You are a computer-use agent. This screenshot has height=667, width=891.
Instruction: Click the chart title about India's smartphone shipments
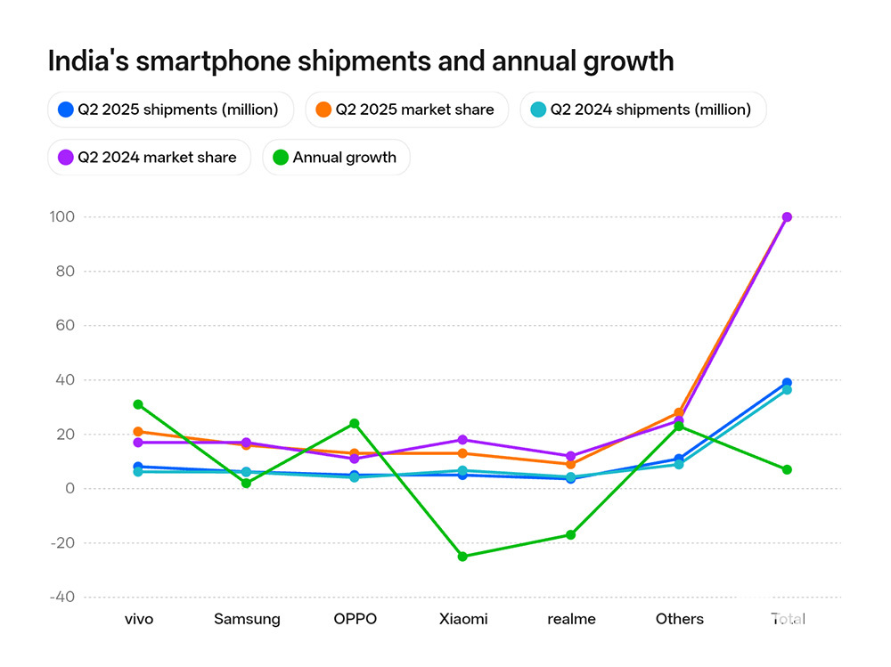click(x=360, y=61)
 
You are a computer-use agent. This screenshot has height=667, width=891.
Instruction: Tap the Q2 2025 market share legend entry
click(x=405, y=110)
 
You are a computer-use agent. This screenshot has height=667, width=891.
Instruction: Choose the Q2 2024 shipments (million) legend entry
click(x=642, y=110)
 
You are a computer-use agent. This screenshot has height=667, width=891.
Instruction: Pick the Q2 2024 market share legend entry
click(x=149, y=158)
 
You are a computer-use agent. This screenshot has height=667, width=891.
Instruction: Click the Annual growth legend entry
click(x=335, y=158)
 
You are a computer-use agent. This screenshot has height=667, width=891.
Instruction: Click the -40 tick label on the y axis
click(x=62, y=598)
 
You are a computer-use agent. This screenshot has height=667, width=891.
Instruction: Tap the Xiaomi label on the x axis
click(x=462, y=619)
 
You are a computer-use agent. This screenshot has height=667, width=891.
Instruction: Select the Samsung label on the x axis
click(x=247, y=619)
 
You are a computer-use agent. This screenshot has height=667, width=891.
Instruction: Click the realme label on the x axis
click(x=571, y=619)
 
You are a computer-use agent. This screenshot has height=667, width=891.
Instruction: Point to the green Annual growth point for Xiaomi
click(x=462, y=557)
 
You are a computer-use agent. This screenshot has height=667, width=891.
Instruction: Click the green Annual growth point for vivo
click(x=138, y=404)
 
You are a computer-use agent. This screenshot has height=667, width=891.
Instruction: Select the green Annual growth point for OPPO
click(x=355, y=423)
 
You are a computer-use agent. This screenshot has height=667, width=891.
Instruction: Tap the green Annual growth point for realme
click(x=571, y=535)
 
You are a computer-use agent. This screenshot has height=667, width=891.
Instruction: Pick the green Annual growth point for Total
click(x=787, y=469)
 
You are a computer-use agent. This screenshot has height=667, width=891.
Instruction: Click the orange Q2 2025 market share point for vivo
click(x=138, y=432)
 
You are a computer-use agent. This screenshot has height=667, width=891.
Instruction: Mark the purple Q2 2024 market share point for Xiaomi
click(x=462, y=440)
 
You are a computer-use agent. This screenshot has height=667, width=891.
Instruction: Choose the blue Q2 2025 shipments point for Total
click(x=787, y=383)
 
